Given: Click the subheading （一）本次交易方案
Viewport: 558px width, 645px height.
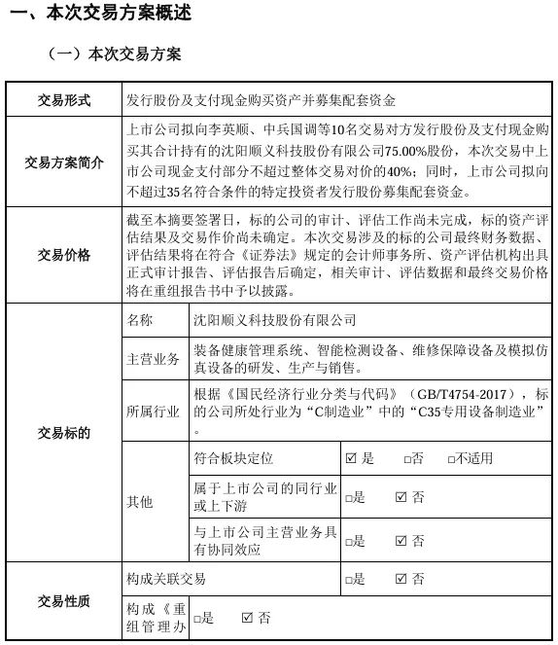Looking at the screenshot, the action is pos(113,54).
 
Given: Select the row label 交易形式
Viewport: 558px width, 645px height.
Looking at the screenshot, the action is pos(63,99).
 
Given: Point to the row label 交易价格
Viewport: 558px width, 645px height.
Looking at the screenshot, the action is pos(63,255).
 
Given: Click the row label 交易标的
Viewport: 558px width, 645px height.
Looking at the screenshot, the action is pos(63,432).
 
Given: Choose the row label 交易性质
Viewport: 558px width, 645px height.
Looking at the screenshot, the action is pos(63,601).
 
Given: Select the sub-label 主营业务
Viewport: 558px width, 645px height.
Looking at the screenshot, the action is pos(153,360).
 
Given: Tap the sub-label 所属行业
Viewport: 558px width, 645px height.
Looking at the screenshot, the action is pos(153,412).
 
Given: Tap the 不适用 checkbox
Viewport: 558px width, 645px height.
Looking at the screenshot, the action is pos(452,458).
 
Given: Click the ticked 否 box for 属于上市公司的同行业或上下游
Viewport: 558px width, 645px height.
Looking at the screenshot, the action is pos(401,497).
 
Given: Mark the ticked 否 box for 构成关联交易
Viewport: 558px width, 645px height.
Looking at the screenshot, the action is pos(401,579).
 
